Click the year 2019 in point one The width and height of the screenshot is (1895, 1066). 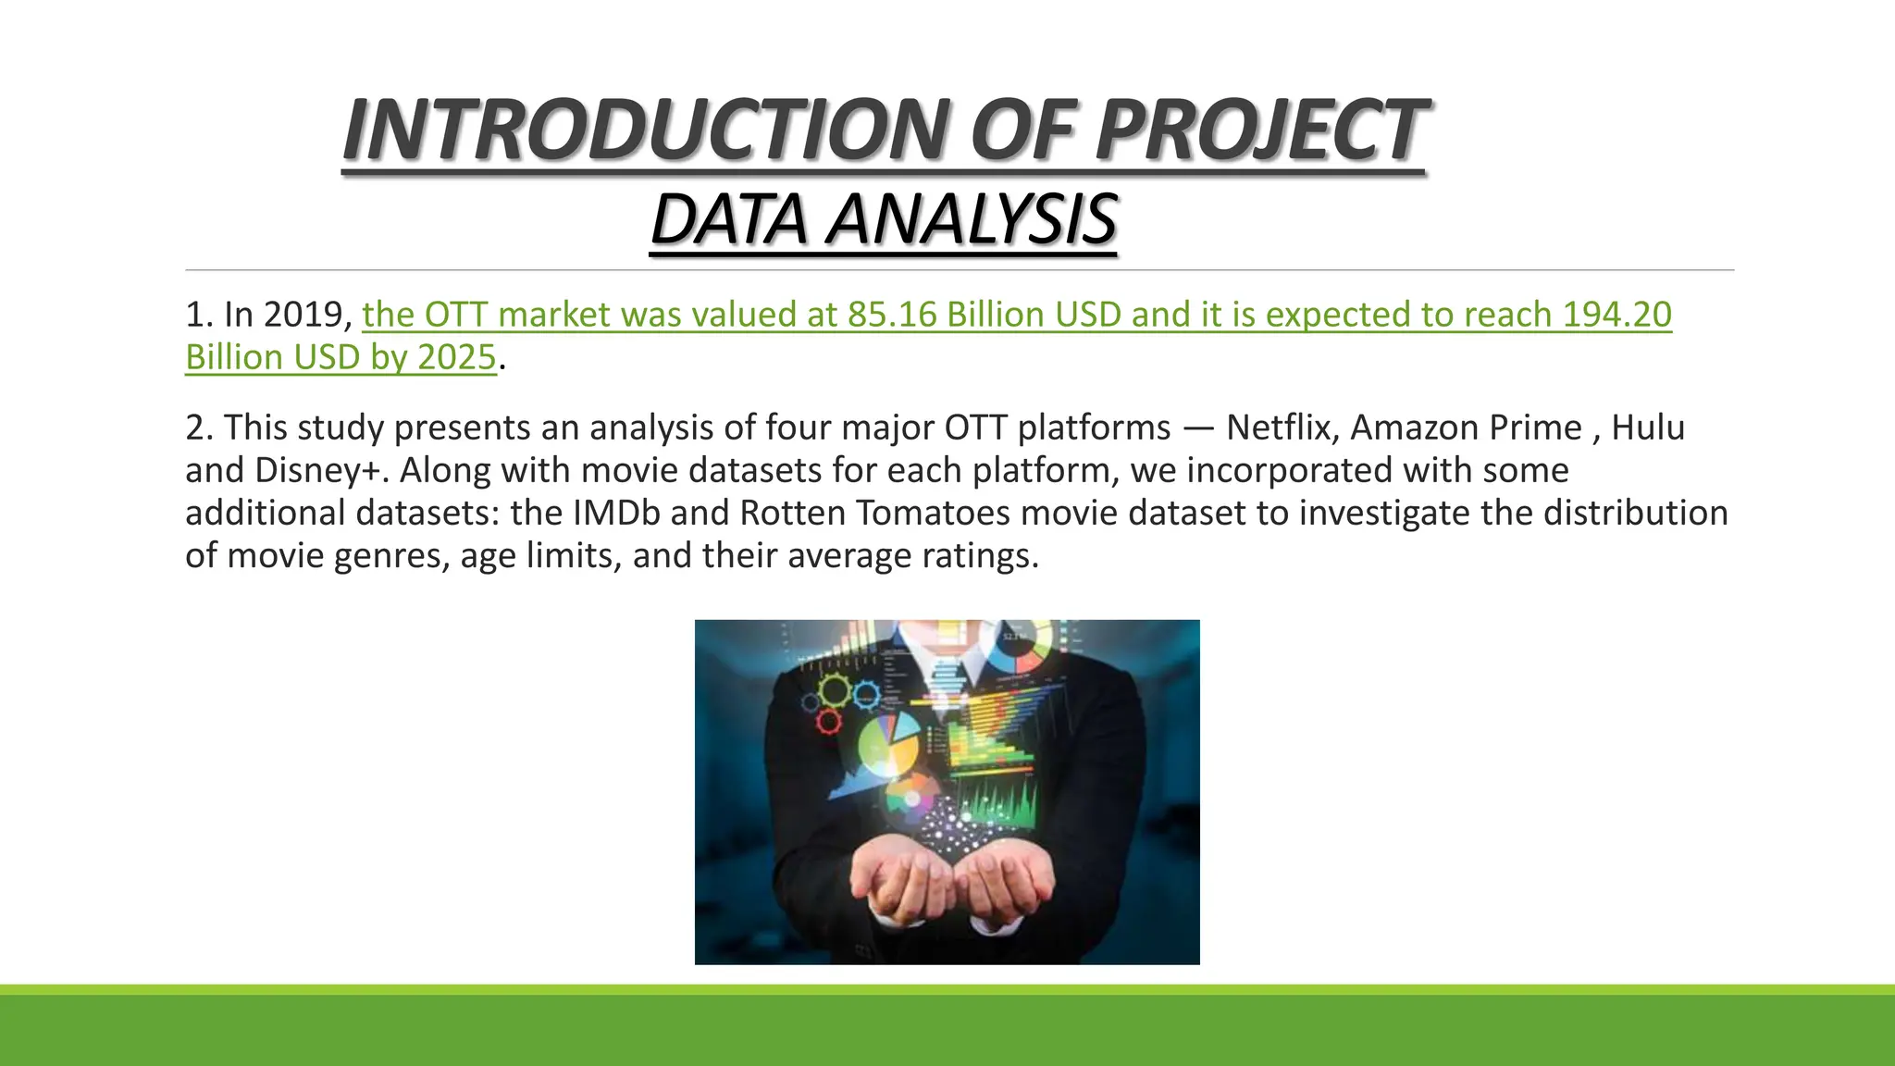303,315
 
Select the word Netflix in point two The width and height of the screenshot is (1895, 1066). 1282,428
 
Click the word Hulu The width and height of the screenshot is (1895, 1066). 1648,428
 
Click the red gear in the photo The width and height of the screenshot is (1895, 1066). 830,721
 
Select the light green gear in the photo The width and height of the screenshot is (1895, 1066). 834,689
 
